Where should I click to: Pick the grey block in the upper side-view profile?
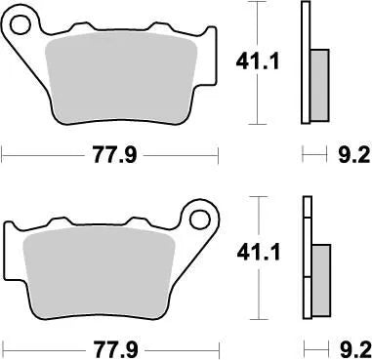coord(318,82)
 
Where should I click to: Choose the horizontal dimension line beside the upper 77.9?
coord(39,153)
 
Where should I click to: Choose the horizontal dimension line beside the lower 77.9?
coord(39,346)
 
